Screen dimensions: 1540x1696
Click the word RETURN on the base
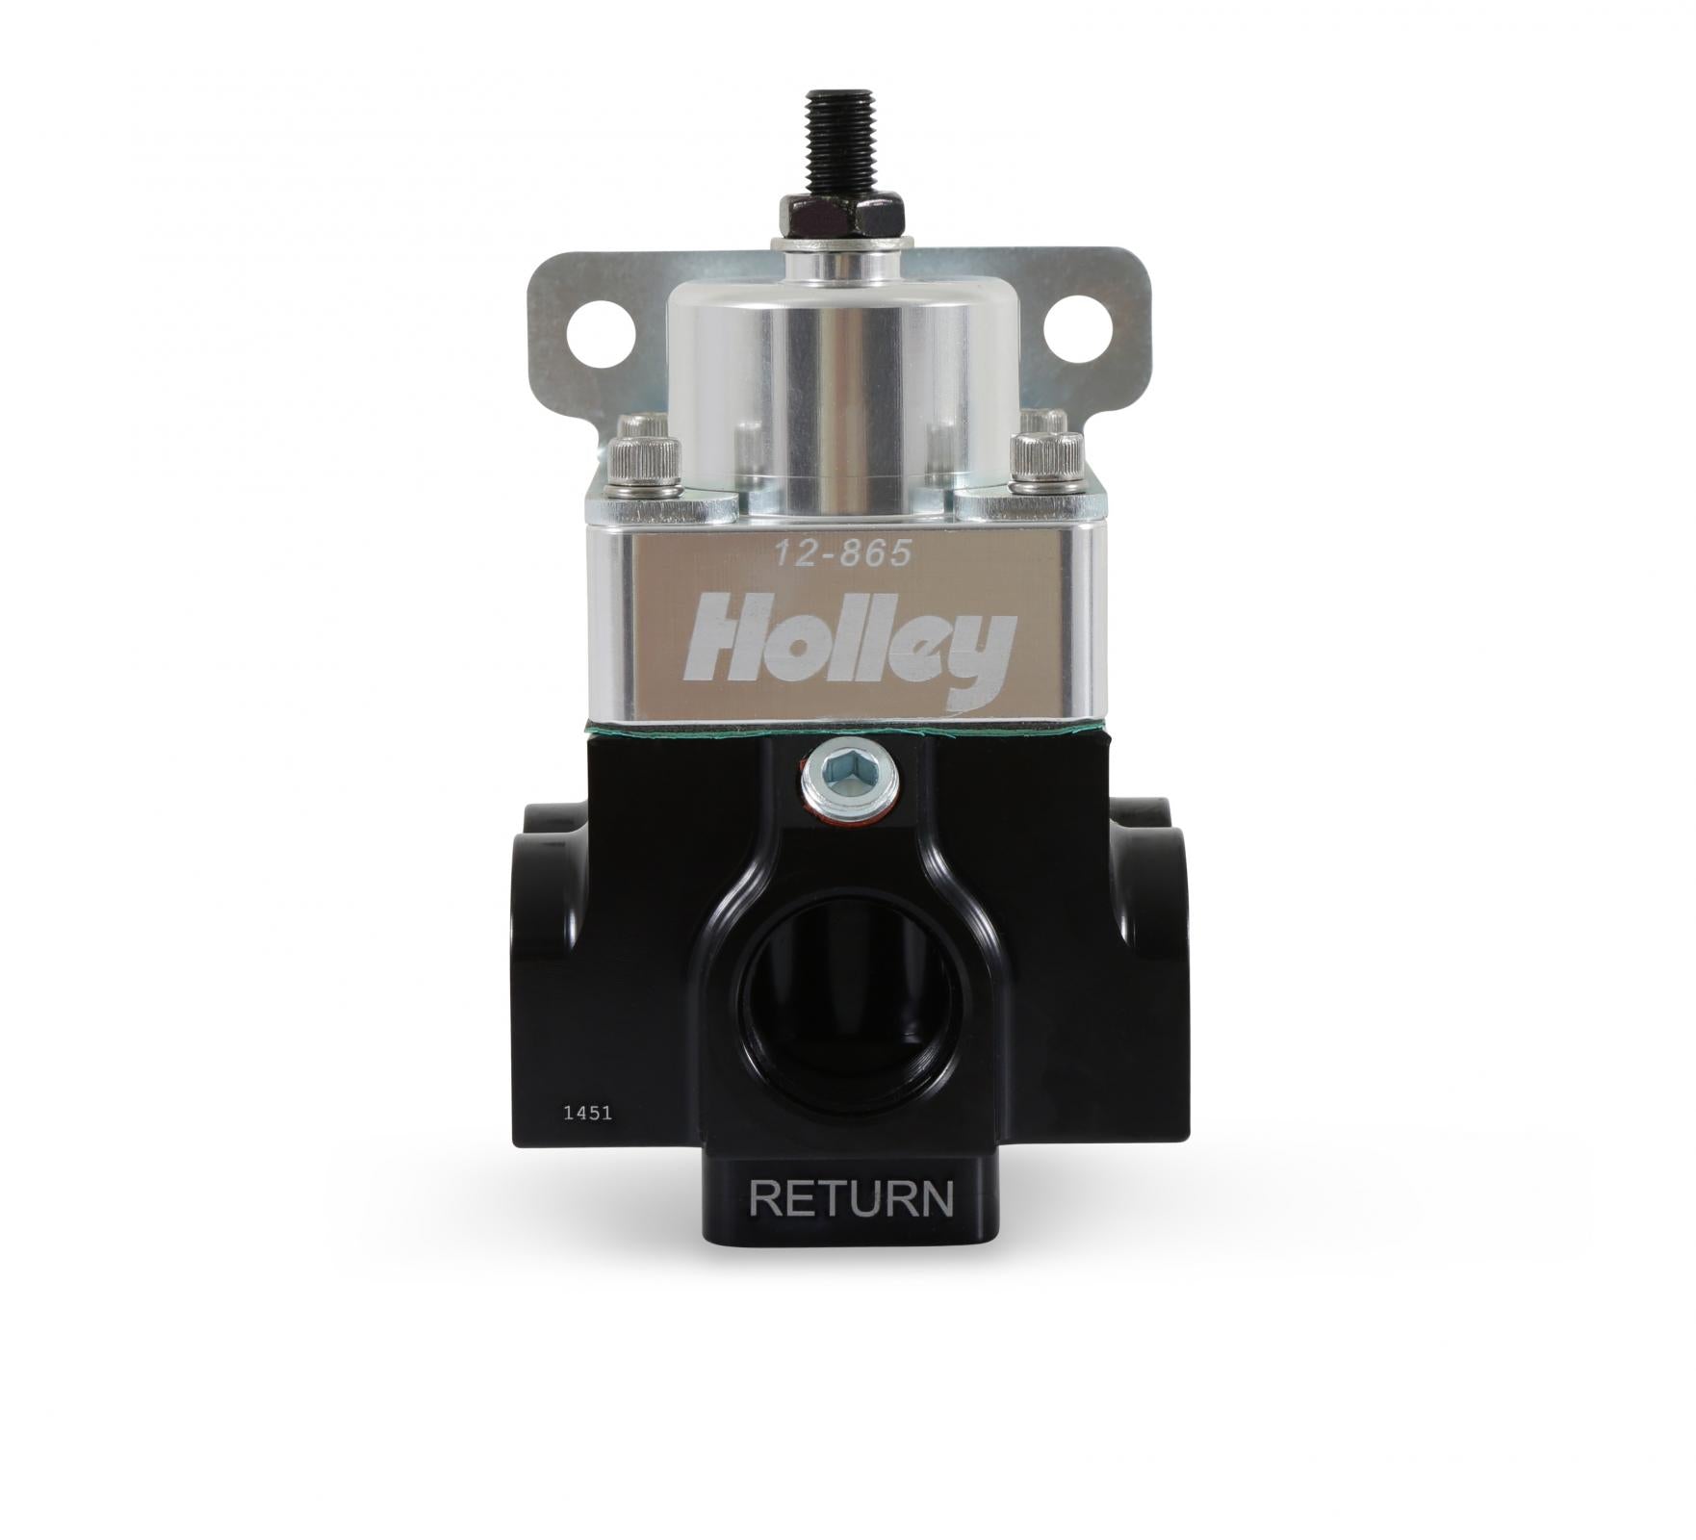(851, 1199)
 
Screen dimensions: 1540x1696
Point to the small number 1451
(588, 1113)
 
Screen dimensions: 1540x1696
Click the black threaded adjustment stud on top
(839, 140)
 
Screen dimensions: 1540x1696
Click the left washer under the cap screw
(643, 489)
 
